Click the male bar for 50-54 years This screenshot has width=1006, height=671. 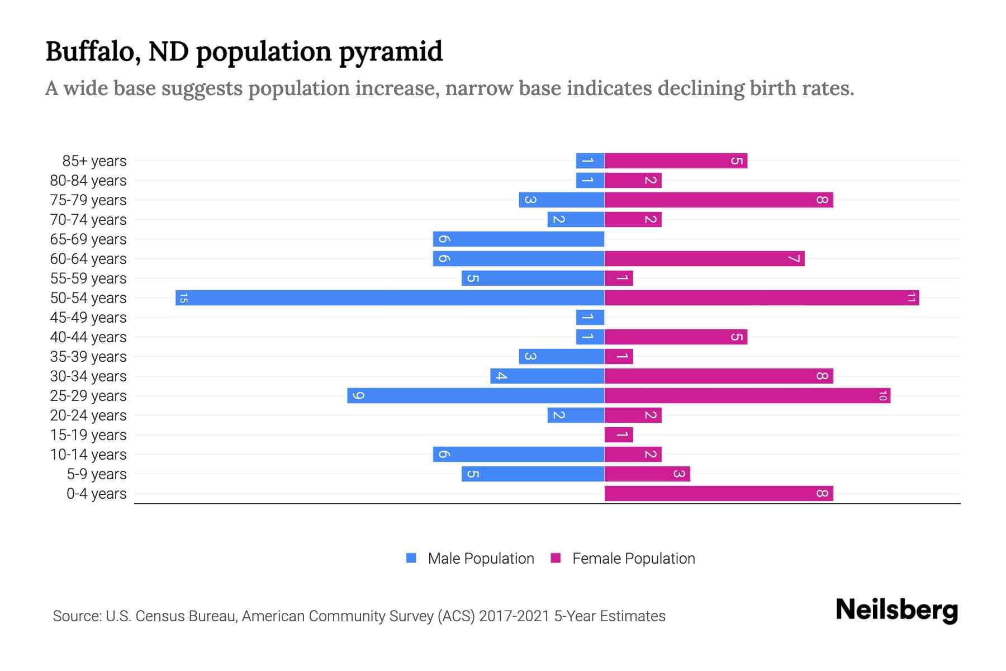(390, 297)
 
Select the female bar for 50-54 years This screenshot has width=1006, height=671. (761, 297)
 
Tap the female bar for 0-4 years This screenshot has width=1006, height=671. (718, 493)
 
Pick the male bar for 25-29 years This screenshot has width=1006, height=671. (475, 395)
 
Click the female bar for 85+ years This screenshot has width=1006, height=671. (675, 161)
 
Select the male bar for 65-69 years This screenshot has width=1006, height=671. (518, 239)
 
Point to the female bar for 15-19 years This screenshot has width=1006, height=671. (619, 434)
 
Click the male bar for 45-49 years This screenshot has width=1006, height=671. (590, 317)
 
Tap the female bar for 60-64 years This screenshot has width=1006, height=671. (704, 258)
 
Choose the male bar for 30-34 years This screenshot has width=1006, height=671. (547, 376)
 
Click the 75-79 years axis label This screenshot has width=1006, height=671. (88, 200)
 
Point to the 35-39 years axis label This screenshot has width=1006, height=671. (88, 357)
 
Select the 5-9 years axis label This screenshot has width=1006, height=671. (97, 474)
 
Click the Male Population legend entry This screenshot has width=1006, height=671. (481, 559)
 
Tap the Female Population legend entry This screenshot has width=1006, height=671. (633, 559)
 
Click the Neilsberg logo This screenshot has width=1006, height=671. (896, 609)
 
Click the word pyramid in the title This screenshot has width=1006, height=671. (391, 52)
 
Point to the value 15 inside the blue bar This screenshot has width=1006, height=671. (183, 298)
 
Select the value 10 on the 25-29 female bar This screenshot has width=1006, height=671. (882, 396)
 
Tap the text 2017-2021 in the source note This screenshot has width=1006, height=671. (514, 616)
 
